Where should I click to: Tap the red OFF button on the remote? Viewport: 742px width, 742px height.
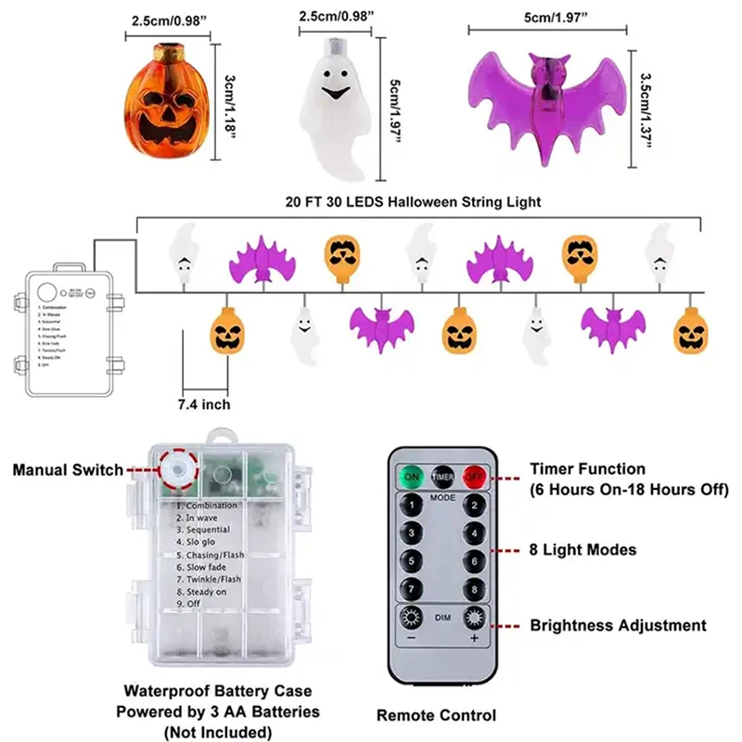coord(474,477)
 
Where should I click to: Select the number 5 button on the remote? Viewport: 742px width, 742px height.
coord(409,560)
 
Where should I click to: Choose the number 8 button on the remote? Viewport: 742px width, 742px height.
coord(474,588)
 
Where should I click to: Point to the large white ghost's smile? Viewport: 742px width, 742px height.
coord(333,94)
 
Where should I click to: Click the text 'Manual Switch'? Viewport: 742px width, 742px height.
coord(67,469)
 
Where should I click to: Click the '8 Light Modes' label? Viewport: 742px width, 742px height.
coord(583,550)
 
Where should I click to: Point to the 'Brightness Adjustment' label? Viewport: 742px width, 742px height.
coord(618,626)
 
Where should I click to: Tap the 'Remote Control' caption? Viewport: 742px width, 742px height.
coord(436,715)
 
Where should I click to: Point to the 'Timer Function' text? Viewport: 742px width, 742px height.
coord(587,469)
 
